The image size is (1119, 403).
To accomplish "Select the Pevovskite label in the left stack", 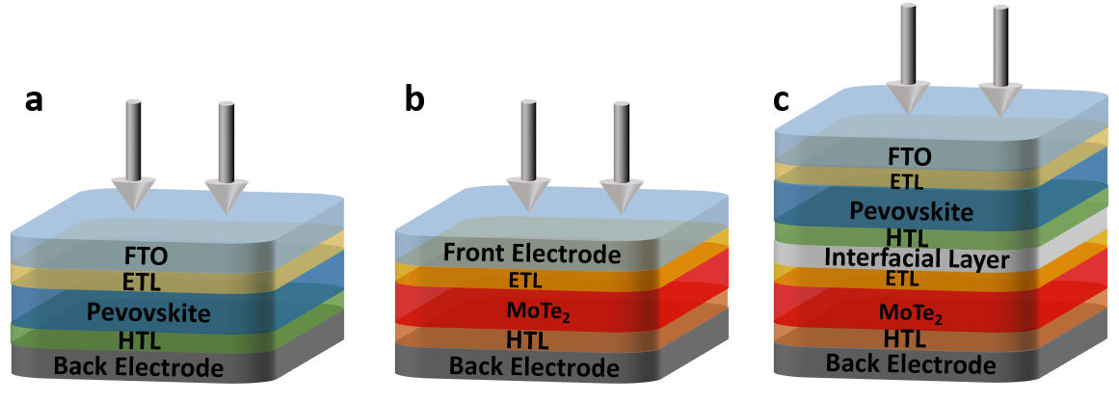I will pos(148,312).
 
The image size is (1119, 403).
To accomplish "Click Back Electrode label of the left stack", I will pos(139,366).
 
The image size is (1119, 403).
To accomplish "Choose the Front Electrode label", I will pos(531,255).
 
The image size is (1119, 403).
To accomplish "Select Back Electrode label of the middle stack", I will pos(534,367).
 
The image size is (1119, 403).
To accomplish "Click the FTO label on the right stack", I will pos(909,156).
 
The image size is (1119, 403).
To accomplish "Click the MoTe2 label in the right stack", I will pos(910,310).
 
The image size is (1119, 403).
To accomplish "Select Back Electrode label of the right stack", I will pos(911,364).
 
